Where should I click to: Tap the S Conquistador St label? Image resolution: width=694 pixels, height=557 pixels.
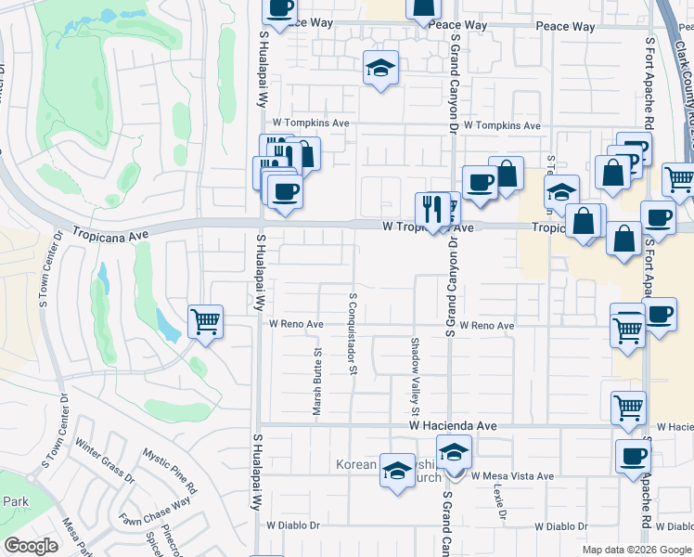(x=353, y=334)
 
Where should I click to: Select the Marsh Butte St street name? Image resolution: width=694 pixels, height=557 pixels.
(x=316, y=381)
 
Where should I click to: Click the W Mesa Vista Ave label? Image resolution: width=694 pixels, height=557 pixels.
(x=511, y=476)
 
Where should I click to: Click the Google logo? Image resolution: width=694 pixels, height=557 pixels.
(x=31, y=546)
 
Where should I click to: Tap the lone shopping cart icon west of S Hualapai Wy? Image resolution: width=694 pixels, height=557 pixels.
(x=205, y=322)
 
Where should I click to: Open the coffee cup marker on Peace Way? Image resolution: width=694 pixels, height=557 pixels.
(x=279, y=9)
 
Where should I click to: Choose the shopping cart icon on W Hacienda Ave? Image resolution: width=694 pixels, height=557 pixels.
(x=628, y=407)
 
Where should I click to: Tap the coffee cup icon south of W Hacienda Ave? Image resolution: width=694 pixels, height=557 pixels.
(x=634, y=456)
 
